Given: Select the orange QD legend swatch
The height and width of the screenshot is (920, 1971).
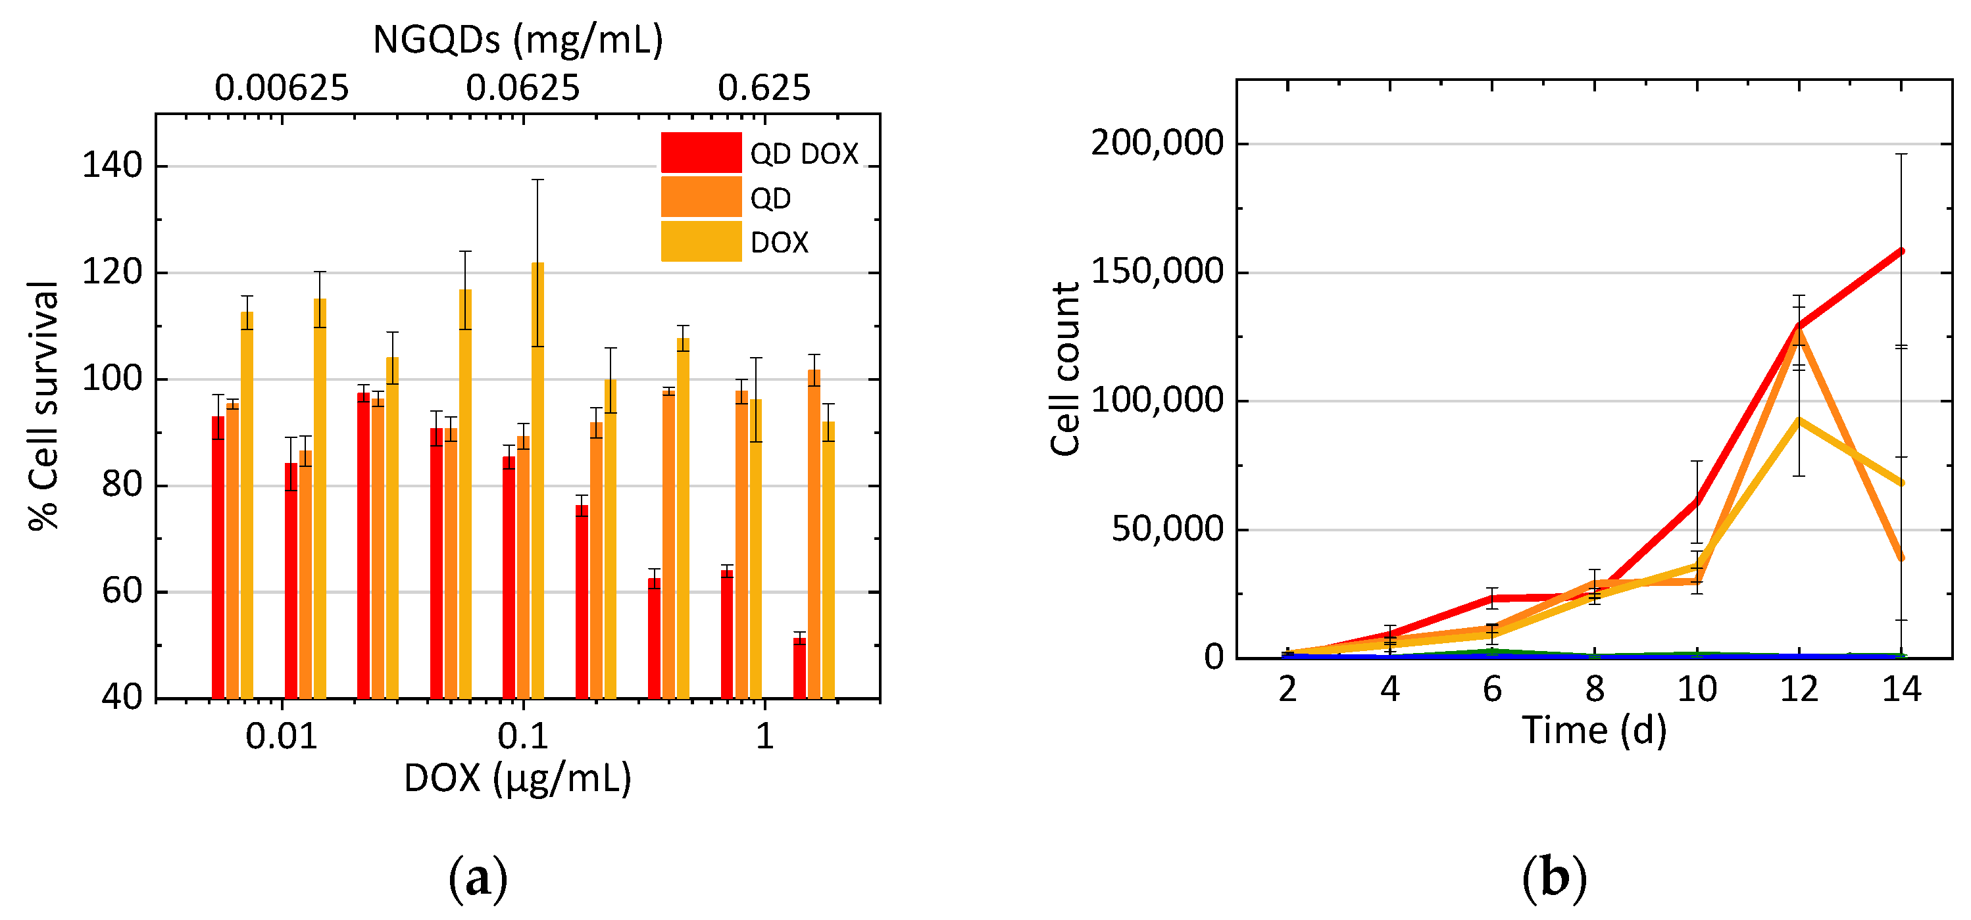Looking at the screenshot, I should [701, 197].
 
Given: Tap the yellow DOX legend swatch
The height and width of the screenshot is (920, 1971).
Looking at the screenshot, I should [701, 241].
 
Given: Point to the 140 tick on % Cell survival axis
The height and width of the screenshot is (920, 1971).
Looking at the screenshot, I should [112, 165].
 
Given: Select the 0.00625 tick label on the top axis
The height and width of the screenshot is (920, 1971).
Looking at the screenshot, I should [282, 88].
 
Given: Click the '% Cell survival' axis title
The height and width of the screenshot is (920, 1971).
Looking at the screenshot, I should [43, 405].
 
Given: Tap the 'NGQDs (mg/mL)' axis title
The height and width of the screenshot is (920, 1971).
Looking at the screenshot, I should [518, 39].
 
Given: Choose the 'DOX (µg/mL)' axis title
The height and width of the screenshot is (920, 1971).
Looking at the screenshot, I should [518, 779].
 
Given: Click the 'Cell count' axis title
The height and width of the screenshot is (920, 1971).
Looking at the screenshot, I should [1064, 369].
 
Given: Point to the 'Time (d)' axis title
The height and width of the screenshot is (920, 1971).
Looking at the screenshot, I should [1594, 731].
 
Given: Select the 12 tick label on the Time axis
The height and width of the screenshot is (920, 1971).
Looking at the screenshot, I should [1798, 690].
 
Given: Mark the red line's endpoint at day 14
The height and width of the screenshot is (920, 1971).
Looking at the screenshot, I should [1901, 251].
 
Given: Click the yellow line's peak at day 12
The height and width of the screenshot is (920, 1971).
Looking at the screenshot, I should [1799, 420].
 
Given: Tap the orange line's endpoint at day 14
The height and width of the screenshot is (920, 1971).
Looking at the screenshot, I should [1901, 558].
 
